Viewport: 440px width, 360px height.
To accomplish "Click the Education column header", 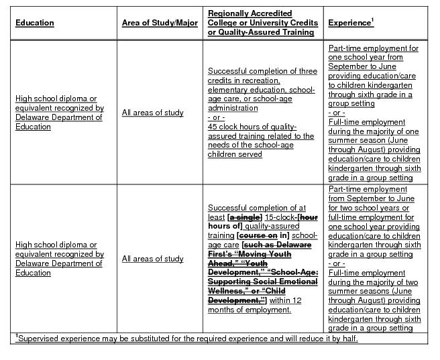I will [x=35, y=23].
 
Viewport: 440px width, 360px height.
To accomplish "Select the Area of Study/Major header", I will [x=160, y=23].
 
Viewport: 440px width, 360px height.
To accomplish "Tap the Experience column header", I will [x=349, y=23].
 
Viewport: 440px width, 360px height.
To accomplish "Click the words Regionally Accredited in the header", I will [x=241, y=13].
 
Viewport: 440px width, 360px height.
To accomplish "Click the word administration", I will [x=233, y=108].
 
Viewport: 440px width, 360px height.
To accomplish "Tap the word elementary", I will [x=227, y=90].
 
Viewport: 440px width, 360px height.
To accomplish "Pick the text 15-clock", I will [x=280, y=218].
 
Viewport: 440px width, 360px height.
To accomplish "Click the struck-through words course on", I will [x=258, y=236].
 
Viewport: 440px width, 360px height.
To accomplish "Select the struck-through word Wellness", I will [x=225, y=292].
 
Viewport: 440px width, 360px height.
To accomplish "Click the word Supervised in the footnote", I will [x=39, y=339].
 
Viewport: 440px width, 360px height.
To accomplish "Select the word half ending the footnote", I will [x=349, y=339].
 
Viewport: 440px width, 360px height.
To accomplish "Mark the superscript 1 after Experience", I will [x=372, y=20].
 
